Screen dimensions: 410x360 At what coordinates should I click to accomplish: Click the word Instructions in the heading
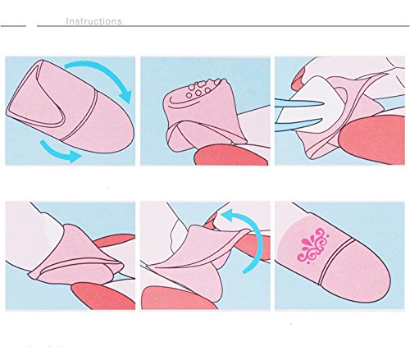tap(93, 21)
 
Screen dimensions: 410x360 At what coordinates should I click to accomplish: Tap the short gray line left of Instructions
tap(13, 26)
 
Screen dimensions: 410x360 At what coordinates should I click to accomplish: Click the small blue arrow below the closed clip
tap(59, 152)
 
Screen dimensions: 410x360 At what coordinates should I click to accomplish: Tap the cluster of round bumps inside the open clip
tap(203, 88)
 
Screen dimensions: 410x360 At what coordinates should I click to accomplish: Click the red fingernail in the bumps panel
tap(230, 155)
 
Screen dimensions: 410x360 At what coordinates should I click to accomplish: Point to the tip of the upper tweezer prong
tap(324, 103)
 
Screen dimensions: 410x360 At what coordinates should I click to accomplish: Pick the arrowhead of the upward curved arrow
tap(228, 216)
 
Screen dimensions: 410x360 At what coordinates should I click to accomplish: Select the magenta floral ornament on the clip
tap(313, 245)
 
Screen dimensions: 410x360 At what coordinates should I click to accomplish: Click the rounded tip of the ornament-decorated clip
tap(379, 285)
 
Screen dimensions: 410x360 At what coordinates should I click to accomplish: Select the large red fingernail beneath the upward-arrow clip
tap(178, 298)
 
